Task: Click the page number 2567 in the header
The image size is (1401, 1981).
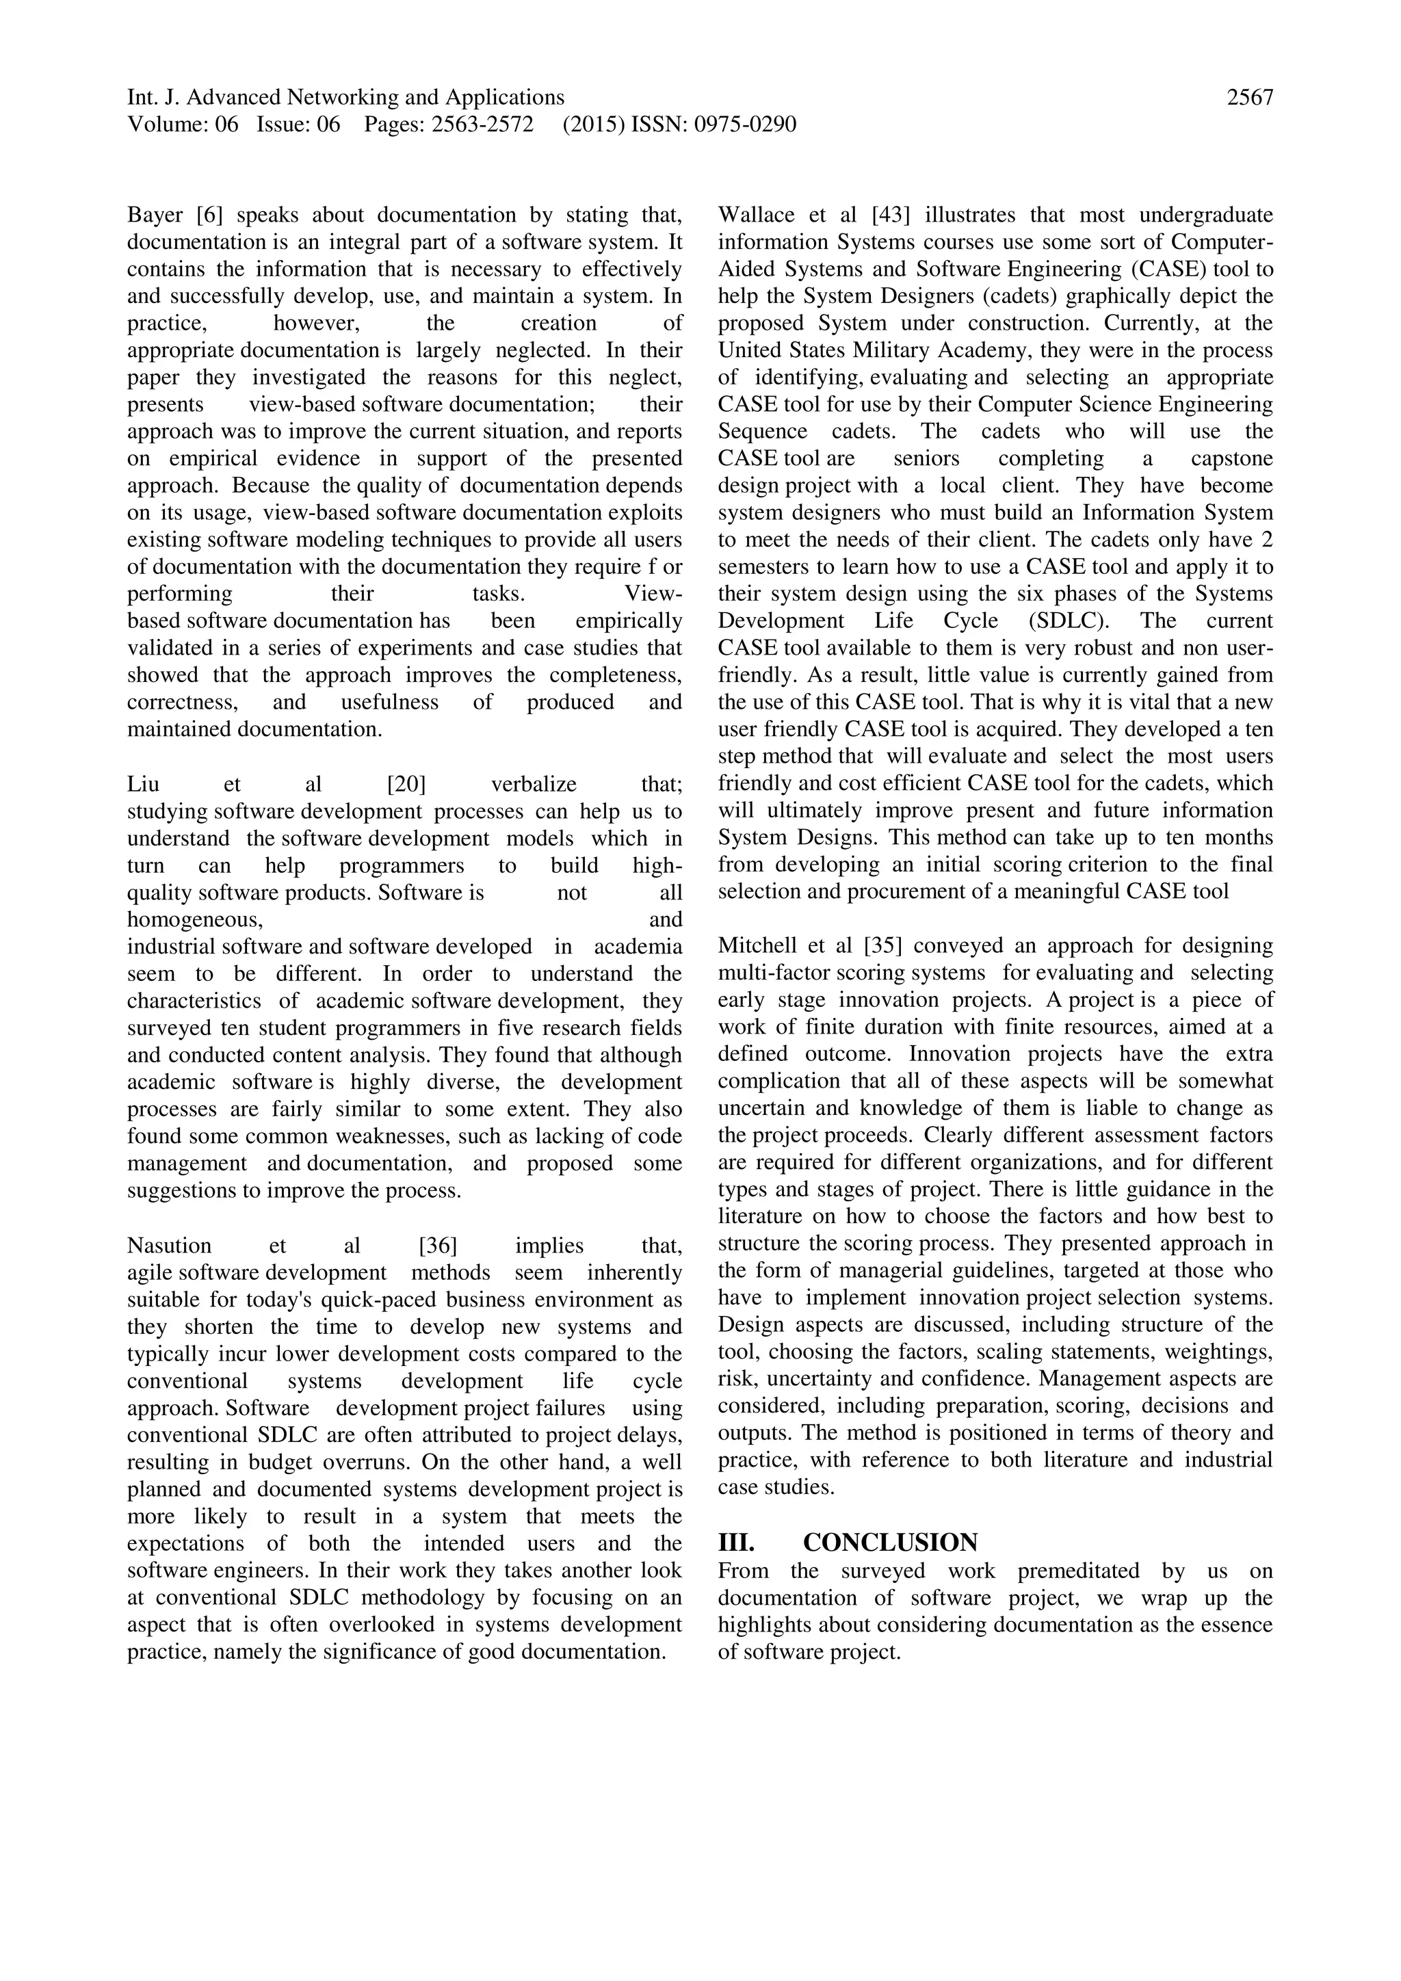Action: (x=1249, y=98)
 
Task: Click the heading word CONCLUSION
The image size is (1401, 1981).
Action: (x=890, y=1543)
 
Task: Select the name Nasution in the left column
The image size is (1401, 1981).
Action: (x=169, y=1246)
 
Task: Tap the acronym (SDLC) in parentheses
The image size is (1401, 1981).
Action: (x=1068, y=621)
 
